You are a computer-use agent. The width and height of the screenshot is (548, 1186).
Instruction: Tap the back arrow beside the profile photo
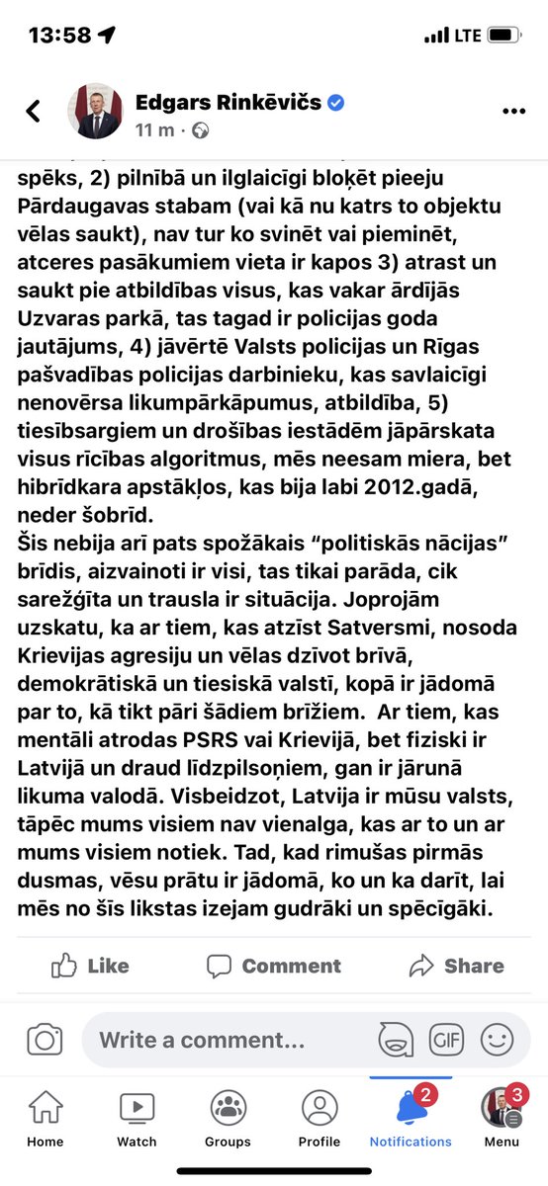coord(34,111)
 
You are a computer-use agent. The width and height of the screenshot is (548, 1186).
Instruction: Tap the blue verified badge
coord(336,103)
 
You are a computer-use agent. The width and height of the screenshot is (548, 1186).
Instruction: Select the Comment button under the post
coord(273,967)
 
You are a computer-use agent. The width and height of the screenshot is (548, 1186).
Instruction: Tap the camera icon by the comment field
coord(44,1040)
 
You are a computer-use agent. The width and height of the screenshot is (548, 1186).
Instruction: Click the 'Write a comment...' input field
coord(203,1040)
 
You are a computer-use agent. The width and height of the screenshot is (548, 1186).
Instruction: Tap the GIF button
coord(446,1040)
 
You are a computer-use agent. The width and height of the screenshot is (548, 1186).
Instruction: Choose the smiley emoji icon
coord(497,1040)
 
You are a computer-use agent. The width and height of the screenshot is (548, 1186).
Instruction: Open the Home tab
coord(45,1120)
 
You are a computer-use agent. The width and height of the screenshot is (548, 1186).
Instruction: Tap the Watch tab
coord(137,1120)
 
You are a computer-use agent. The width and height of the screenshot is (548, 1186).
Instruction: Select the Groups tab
coord(228,1120)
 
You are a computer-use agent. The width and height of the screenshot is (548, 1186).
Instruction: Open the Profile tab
coord(319,1120)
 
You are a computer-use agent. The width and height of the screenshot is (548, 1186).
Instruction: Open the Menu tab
coord(502,1120)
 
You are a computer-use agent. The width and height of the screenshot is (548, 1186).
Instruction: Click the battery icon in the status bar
coord(502,35)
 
